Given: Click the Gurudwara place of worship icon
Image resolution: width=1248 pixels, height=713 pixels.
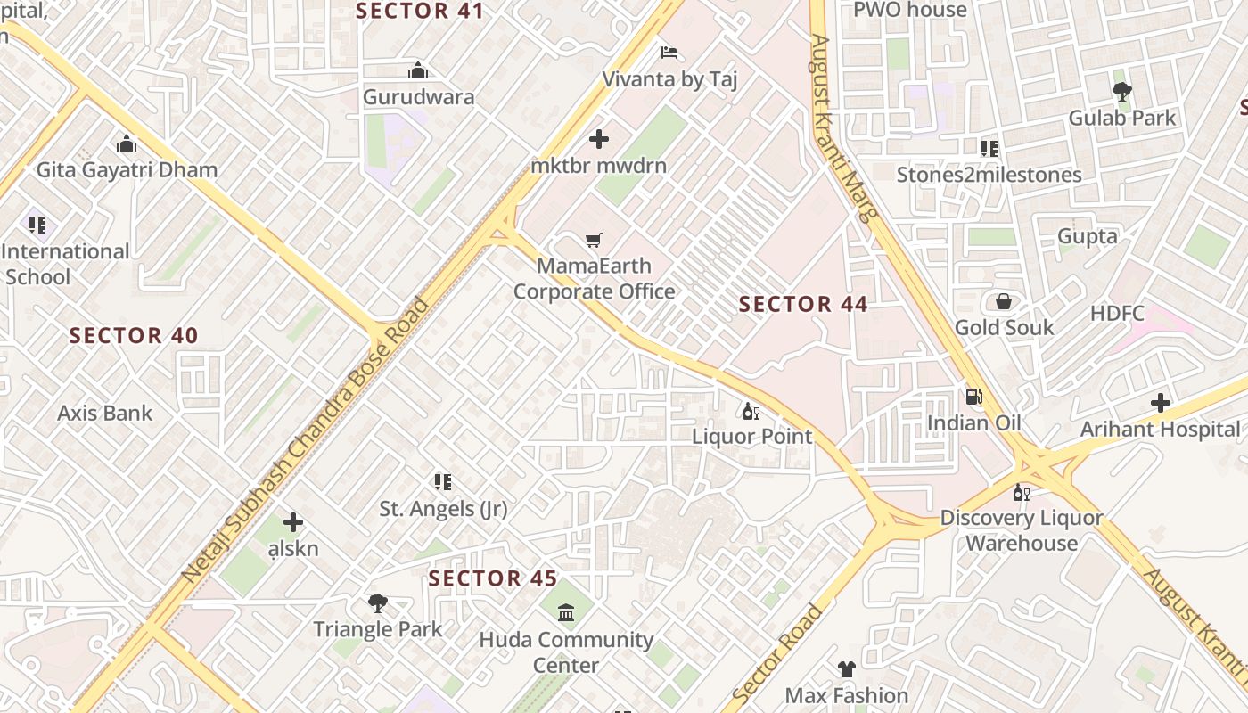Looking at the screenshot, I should pyautogui.click(x=418, y=70).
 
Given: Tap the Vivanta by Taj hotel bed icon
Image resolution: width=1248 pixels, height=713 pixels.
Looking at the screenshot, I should pyautogui.click(x=669, y=52).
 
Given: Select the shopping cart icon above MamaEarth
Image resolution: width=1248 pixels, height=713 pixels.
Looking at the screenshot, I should pyautogui.click(x=594, y=240).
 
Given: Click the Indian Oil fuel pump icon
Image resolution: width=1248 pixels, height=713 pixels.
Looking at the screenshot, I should pyautogui.click(x=974, y=396).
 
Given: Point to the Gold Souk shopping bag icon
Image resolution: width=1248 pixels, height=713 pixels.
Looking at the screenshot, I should pyautogui.click(x=1004, y=301).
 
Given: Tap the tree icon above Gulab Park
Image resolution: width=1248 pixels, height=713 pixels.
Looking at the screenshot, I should pyautogui.click(x=1121, y=90).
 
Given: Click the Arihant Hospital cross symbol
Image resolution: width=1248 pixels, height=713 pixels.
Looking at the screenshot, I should pyautogui.click(x=1160, y=403).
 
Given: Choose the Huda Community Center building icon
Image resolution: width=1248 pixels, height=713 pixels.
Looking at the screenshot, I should pyautogui.click(x=566, y=613).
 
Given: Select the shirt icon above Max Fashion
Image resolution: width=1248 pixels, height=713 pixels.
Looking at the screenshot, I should pyautogui.click(x=846, y=668).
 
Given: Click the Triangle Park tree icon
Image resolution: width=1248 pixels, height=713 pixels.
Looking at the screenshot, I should pyautogui.click(x=378, y=602).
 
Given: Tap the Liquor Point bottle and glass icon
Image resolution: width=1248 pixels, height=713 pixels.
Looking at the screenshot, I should pyautogui.click(x=751, y=411).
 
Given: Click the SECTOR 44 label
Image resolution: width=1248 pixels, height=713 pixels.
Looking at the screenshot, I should pyautogui.click(x=803, y=304).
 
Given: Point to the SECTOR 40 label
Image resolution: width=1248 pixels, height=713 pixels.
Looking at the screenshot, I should pyautogui.click(x=134, y=336).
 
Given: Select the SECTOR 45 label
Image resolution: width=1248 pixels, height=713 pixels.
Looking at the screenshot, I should pyautogui.click(x=493, y=578).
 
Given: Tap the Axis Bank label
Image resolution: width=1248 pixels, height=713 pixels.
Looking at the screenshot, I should pyautogui.click(x=105, y=413).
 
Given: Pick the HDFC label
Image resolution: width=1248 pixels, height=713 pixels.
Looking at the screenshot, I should pyautogui.click(x=1117, y=314).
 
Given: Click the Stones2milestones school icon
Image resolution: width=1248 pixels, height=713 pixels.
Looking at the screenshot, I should pyautogui.click(x=989, y=148).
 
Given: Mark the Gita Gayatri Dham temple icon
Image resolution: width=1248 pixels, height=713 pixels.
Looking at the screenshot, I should pyautogui.click(x=127, y=143).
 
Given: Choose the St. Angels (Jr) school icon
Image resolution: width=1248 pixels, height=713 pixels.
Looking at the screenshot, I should pyautogui.click(x=443, y=482).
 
